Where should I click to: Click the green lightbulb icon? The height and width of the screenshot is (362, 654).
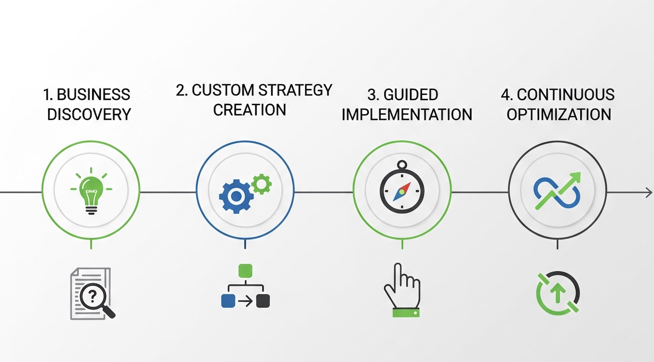click(x=91, y=192)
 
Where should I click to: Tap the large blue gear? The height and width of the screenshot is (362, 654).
click(x=236, y=196)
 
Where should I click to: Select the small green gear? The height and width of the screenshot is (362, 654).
click(x=262, y=184)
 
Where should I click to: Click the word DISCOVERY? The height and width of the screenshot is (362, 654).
click(x=89, y=114)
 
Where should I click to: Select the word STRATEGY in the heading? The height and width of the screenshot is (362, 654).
click(x=295, y=90)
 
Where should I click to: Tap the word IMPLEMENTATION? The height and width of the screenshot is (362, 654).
click(x=407, y=114)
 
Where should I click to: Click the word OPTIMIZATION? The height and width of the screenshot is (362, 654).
click(x=558, y=114)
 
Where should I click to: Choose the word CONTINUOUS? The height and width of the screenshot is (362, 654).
click(x=565, y=95)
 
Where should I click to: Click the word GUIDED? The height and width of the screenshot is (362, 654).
click(x=410, y=95)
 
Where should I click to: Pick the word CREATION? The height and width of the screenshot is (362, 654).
click(x=249, y=110)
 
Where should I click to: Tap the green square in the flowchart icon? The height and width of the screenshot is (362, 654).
click(x=245, y=270)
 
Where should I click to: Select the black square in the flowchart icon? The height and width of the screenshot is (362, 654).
click(x=263, y=301)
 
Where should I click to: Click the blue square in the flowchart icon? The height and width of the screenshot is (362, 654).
click(x=228, y=301)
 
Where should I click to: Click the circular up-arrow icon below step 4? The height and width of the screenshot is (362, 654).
click(x=558, y=293)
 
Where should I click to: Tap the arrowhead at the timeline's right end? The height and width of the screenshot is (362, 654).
click(x=649, y=192)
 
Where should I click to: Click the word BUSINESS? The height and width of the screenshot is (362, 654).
click(x=93, y=95)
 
